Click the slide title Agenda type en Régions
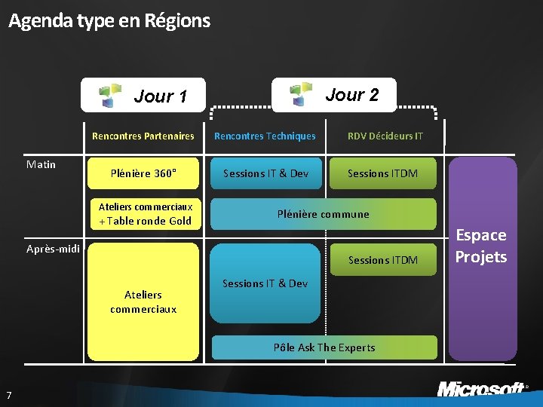click(109, 20)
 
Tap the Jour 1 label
click(160, 96)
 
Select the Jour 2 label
click(351, 94)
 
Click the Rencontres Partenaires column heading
click(143, 136)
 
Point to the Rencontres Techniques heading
click(265, 136)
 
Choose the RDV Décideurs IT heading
click(385, 136)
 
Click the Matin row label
click(41, 164)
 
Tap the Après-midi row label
click(53, 249)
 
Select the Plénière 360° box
click(143, 173)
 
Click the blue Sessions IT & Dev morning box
click(265, 173)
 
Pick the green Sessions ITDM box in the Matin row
click(382, 173)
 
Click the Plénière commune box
click(323, 214)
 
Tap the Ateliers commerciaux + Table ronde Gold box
click(145, 214)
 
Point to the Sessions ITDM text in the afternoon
click(382, 260)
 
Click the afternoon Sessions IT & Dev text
click(265, 283)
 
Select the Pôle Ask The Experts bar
click(324, 347)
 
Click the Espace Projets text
click(480, 246)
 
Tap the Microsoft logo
click(480, 389)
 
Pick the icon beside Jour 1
click(112, 96)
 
